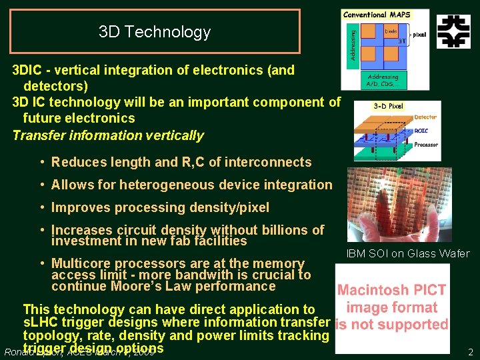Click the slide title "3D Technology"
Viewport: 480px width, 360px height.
point(154,31)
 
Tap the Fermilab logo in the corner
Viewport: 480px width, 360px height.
point(453,31)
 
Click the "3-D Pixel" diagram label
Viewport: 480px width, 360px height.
point(389,106)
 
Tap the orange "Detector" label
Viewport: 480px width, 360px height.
point(425,117)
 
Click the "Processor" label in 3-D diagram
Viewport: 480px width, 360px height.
point(426,145)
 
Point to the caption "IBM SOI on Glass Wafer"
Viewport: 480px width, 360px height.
point(408,253)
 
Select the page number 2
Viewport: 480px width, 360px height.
point(470,352)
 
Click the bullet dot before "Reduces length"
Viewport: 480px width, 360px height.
point(42,162)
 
